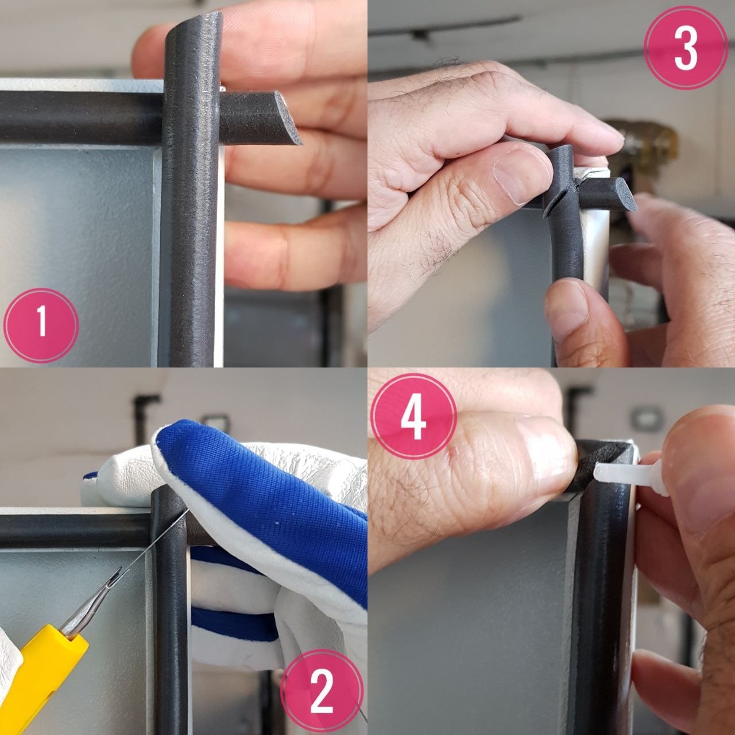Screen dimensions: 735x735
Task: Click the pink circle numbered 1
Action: (x=41, y=326)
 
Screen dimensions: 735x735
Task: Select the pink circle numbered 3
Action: (x=686, y=48)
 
